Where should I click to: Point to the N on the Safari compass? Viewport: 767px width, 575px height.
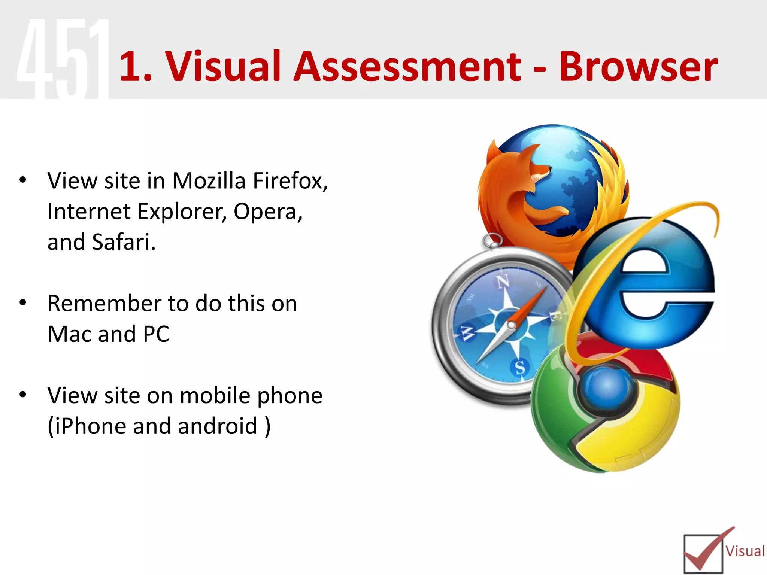[x=503, y=281]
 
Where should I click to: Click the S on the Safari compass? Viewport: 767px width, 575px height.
[x=520, y=367]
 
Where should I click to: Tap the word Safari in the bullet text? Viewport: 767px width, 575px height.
[x=123, y=242]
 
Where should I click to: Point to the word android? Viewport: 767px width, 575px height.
[x=217, y=426]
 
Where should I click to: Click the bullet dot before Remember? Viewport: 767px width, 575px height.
[x=23, y=302]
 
